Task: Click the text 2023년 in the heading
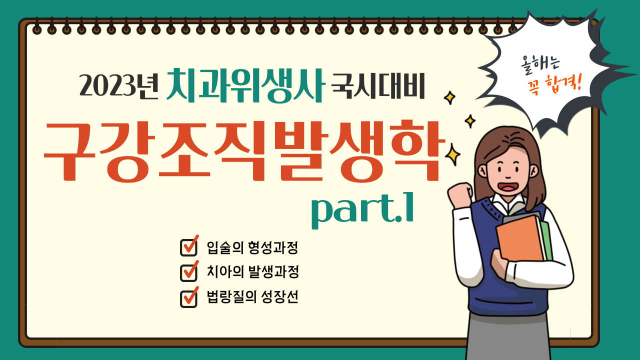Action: [x=118, y=85]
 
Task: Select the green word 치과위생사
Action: [x=245, y=85]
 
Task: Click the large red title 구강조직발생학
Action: [x=244, y=151]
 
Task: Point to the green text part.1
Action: [x=362, y=209]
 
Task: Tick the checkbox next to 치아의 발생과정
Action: [x=189, y=271]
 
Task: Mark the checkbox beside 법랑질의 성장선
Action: [x=189, y=297]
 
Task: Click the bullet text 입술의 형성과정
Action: [x=252, y=247]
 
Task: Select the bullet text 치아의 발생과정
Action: [x=253, y=271]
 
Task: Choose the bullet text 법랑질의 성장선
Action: [x=252, y=297]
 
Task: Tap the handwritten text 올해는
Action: [x=540, y=64]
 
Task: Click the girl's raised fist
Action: [x=460, y=195]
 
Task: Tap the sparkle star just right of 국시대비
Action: [x=449, y=97]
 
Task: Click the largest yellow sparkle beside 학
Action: [x=452, y=155]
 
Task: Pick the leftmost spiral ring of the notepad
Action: [x=37, y=27]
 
